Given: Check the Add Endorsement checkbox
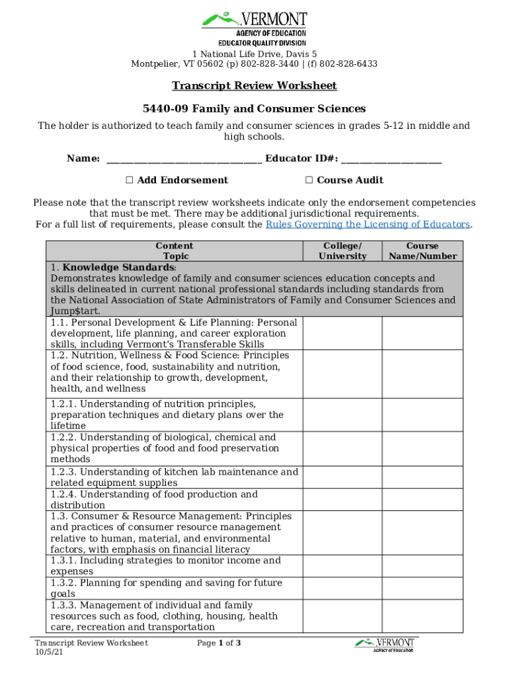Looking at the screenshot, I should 130,180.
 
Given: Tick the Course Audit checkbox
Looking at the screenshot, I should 309,180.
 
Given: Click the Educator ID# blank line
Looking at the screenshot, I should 391,159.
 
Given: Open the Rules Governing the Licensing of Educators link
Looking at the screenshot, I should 368,225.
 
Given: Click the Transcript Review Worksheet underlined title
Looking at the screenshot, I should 255,86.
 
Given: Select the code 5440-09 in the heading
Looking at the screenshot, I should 165,108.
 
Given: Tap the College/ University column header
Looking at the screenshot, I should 342,251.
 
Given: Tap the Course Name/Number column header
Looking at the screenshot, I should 422,251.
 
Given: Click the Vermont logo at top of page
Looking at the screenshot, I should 255,26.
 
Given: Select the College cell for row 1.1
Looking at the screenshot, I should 342,333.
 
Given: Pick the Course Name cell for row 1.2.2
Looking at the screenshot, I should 422,448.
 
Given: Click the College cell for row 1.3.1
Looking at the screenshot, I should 342,566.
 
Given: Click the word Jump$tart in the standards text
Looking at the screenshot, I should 75,311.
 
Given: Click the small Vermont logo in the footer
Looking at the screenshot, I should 385,645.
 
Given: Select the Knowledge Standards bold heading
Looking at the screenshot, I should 119,268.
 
